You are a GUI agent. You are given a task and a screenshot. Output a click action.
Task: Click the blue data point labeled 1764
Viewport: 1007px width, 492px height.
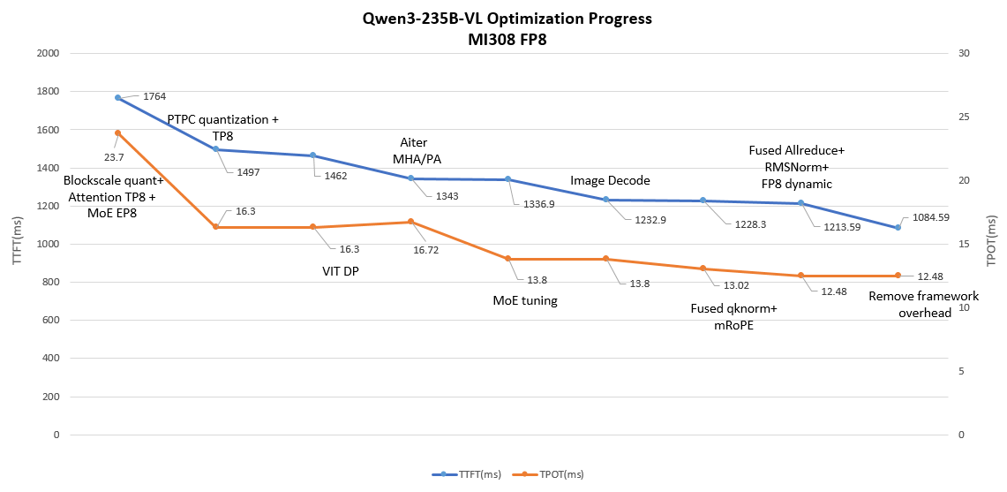click(117, 98)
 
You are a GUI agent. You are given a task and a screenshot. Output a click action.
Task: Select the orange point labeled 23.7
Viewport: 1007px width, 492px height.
click(117, 132)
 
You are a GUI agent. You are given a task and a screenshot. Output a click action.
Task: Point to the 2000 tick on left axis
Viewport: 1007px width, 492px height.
click(47, 53)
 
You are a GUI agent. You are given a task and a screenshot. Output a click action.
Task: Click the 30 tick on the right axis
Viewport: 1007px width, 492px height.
click(963, 53)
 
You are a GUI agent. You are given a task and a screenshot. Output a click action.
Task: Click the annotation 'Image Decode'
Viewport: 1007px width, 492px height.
click(610, 180)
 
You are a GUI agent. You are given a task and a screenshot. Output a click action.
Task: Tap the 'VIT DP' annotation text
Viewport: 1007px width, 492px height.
click(340, 271)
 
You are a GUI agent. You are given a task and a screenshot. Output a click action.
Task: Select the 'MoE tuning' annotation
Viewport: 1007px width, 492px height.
click(525, 300)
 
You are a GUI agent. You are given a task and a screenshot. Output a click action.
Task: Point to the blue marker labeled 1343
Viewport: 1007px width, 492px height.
click(410, 178)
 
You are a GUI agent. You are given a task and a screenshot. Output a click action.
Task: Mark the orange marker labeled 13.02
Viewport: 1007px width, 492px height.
click(703, 268)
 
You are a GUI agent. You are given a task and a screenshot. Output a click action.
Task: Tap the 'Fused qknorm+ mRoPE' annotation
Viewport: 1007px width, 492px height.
click(733, 316)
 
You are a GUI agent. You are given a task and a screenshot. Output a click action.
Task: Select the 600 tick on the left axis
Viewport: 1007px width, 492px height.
click(50, 321)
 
